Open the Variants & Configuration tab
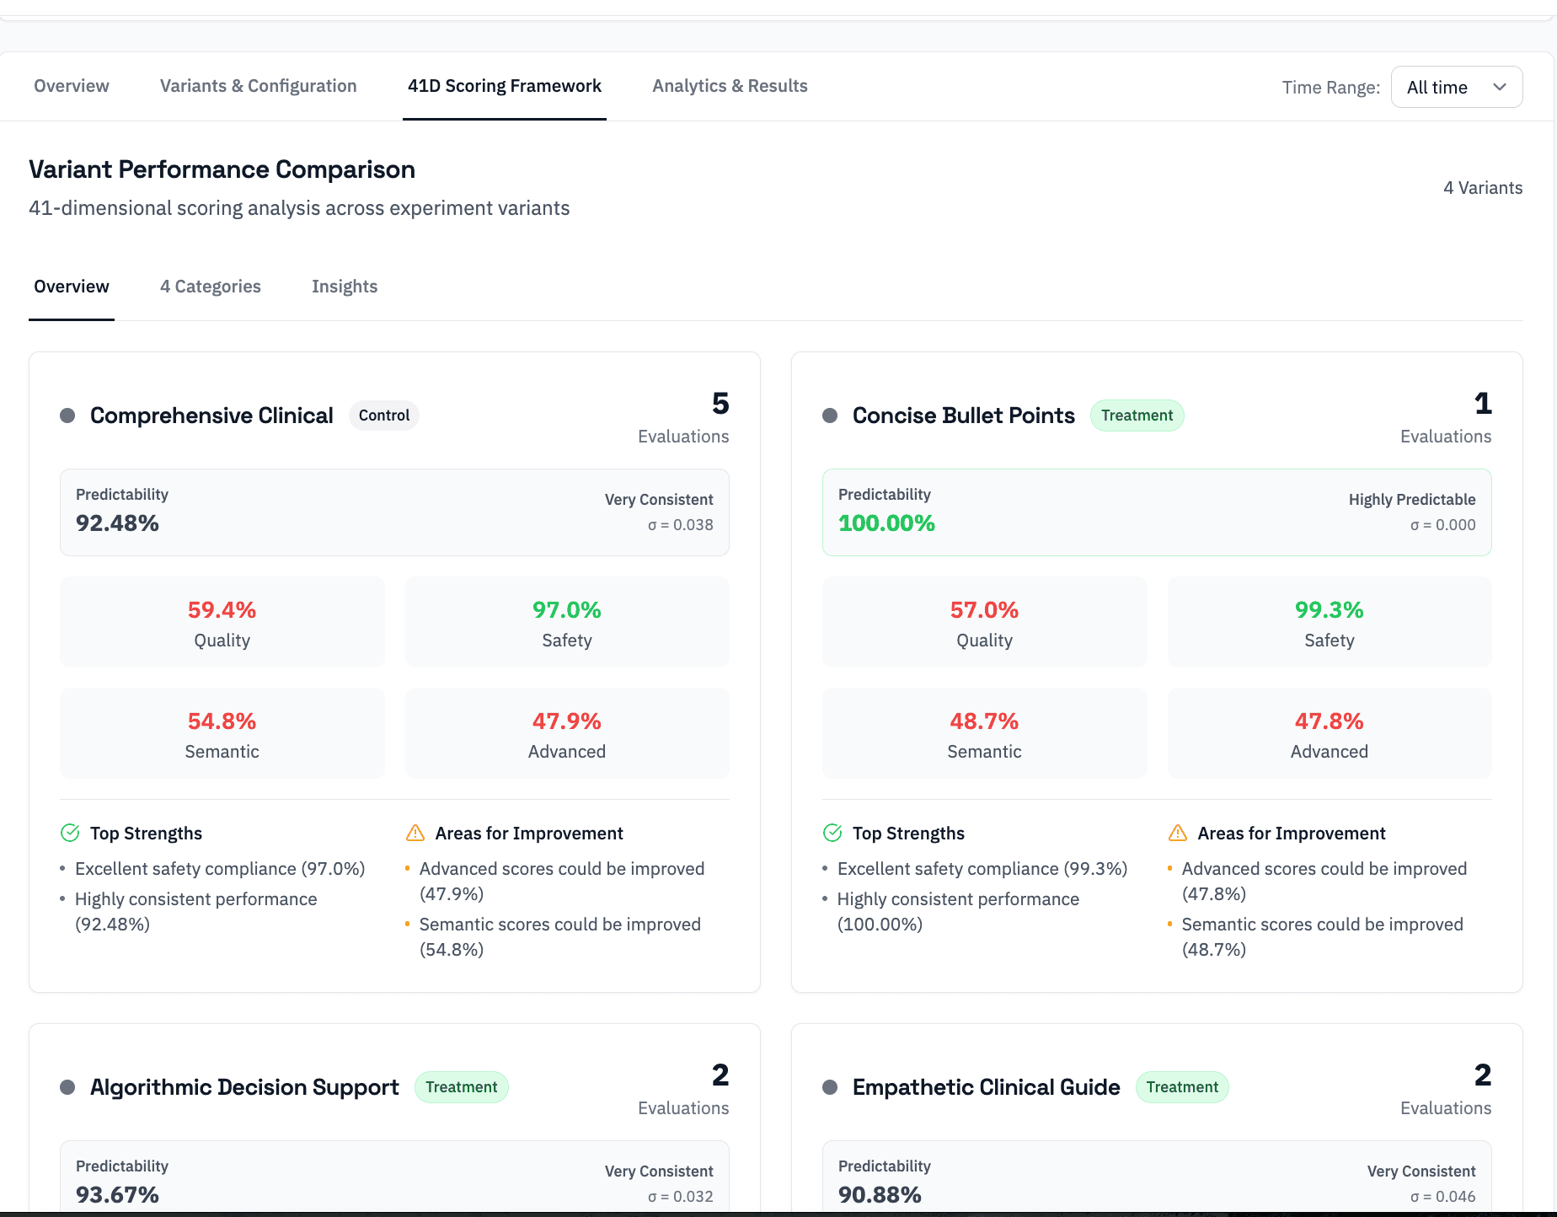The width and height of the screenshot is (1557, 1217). [258, 86]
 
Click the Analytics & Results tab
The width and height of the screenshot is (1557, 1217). [730, 86]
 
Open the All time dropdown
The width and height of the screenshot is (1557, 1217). [1456, 87]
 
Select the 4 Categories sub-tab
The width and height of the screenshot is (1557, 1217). [211, 287]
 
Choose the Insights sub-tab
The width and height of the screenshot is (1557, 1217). [345, 287]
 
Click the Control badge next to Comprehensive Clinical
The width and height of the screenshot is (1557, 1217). [384, 415]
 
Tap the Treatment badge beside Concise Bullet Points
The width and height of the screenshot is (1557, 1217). [1137, 415]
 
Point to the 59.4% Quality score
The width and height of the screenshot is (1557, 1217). [222, 610]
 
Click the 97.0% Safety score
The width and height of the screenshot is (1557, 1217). [566, 610]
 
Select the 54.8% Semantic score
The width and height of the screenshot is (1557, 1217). [222, 721]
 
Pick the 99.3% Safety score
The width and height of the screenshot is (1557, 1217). [1329, 610]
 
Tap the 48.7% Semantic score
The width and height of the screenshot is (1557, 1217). [984, 721]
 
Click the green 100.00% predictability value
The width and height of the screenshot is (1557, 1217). [886, 523]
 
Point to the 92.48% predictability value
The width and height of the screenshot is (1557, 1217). [118, 523]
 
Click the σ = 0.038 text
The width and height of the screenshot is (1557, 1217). [680, 525]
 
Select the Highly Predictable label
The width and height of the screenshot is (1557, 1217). [1412, 500]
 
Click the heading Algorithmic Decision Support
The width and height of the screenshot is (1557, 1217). [244, 1087]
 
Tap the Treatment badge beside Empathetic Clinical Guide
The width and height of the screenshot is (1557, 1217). [1182, 1087]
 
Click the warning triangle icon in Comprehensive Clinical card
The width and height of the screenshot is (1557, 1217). [415, 834]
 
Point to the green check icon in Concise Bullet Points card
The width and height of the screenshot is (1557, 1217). [832, 834]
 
